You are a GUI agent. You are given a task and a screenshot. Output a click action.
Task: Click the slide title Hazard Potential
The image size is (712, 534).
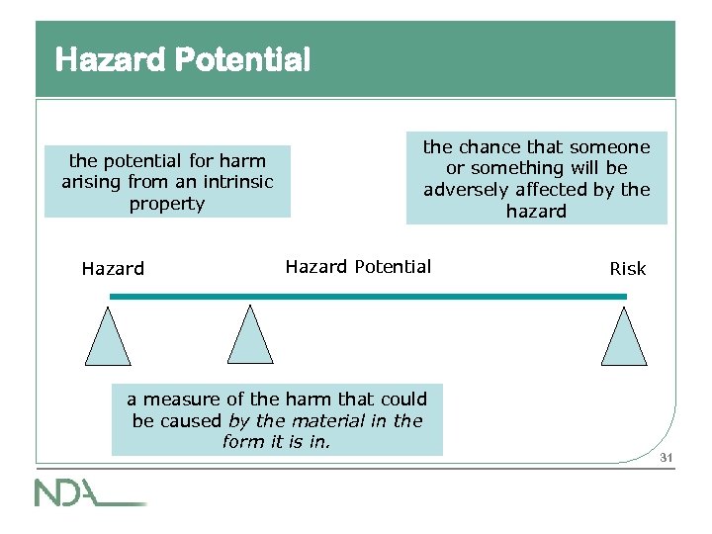(x=183, y=60)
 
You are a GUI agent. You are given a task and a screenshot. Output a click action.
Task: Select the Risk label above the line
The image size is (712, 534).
(x=628, y=268)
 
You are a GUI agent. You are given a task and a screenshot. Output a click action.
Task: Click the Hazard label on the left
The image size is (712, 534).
(x=113, y=268)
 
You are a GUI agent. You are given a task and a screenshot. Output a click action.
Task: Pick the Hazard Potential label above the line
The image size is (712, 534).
(x=358, y=266)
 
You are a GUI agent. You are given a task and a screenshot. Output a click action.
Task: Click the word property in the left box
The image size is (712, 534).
(x=167, y=204)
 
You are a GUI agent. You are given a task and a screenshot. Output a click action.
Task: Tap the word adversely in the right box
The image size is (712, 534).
(x=464, y=190)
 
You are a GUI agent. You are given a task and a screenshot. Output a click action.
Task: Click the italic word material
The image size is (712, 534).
(x=321, y=420)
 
